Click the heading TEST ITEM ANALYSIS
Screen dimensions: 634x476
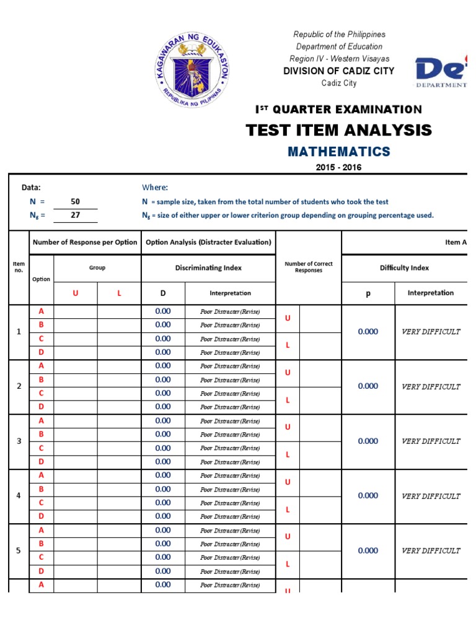tap(338, 130)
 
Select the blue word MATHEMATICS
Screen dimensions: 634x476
tap(338, 152)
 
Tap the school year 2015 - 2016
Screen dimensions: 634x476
tap(338, 167)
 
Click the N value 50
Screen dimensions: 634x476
tap(75, 202)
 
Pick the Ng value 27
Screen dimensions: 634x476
tap(75, 215)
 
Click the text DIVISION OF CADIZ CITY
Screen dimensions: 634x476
tap(338, 71)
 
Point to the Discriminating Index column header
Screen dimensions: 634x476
tap(208, 268)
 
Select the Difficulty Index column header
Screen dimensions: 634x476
tap(404, 268)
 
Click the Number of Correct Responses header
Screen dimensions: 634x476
tap(308, 267)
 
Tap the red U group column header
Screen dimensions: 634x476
tap(76, 293)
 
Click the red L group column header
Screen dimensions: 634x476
tap(120, 293)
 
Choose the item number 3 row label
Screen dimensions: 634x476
tap(19, 441)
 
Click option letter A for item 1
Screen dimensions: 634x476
tap(42, 311)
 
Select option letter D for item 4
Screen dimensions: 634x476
tap(42, 516)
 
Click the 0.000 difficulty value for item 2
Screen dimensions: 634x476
tap(368, 386)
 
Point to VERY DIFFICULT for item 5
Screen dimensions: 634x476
tap(431, 550)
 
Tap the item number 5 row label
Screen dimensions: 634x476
tap(19, 550)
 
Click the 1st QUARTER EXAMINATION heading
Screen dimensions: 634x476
tap(338, 110)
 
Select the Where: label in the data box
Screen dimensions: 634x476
tap(155, 188)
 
